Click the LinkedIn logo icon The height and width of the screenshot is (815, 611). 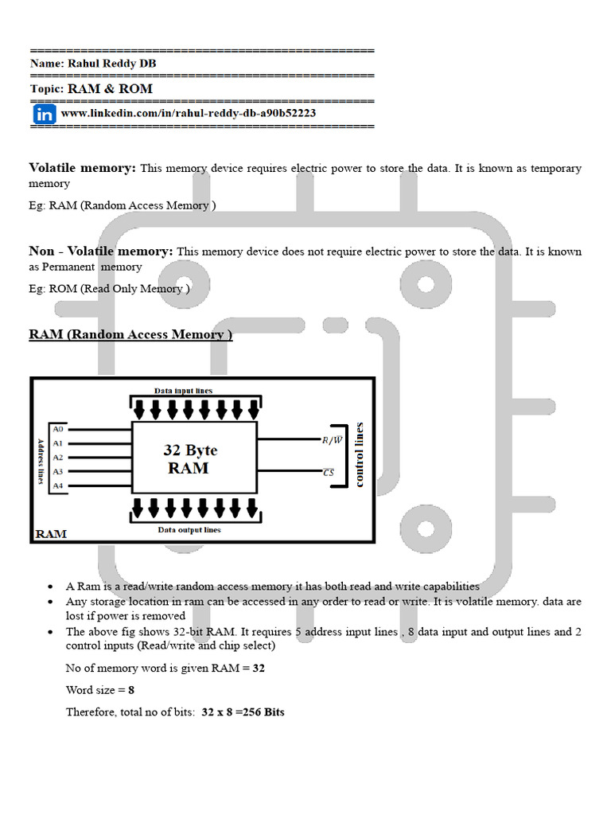(45, 115)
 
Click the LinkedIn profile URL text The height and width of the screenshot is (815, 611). (188, 114)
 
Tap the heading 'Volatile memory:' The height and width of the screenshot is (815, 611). (83, 168)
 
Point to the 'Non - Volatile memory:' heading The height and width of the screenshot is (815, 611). (101, 252)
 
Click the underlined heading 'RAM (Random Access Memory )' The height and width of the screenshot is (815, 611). (130, 334)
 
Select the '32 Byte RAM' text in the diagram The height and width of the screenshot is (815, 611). (190, 458)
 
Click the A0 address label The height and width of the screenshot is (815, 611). (57, 428)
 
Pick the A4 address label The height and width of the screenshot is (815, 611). (57, 485)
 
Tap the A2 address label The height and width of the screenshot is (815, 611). (57, 457)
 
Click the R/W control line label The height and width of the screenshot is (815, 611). (333, 439)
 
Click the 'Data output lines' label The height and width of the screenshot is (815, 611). (189, 529)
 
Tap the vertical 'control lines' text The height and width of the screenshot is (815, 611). (360, 454)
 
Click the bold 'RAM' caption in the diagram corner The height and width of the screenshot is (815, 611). (50, 533)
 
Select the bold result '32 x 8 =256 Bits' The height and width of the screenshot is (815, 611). (243, 712)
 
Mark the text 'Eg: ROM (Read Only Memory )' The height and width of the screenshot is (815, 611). (109, 289)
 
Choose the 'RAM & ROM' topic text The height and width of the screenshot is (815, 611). (110, 89)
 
